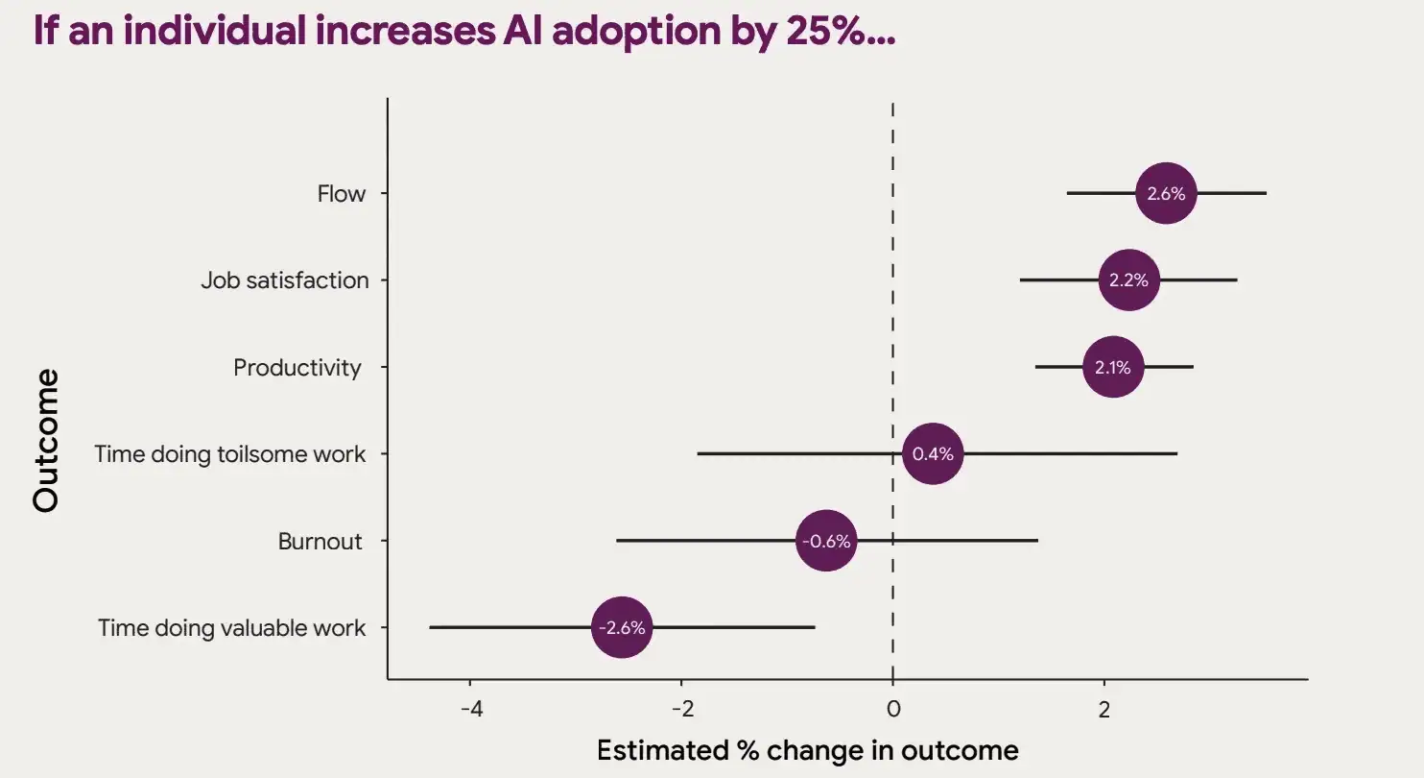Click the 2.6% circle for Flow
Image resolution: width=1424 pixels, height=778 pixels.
1166,193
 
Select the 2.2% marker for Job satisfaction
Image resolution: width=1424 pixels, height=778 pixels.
1128,280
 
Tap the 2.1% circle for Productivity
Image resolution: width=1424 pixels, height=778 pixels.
1113,367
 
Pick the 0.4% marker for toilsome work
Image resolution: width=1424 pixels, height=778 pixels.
933,453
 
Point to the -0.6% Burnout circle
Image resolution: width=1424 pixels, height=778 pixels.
826,541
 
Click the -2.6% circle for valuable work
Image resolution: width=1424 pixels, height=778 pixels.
622,628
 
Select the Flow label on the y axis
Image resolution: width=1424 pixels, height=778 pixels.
342,194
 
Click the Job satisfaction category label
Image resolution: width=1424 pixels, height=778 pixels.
284,280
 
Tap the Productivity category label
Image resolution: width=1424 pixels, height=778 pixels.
297,368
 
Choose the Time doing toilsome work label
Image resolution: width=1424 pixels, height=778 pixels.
229,454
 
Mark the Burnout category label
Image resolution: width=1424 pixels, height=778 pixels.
320,542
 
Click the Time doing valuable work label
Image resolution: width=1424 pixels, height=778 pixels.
231,628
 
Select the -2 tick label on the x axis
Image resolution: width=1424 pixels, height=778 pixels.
681,711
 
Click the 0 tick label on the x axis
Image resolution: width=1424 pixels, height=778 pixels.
892,711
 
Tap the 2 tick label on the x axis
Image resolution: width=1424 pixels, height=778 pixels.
1104,711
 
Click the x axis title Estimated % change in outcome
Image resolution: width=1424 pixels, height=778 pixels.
807,750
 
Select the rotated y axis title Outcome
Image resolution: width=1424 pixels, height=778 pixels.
46,440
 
